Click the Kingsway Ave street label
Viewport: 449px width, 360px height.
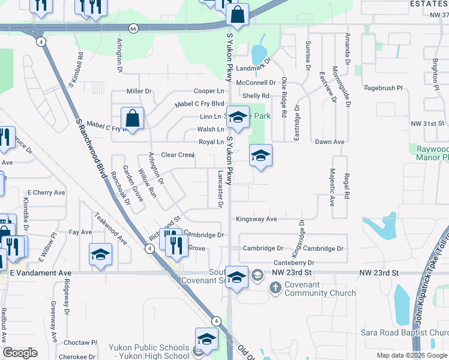coord(256,219)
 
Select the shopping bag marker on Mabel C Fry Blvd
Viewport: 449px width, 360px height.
coord(132,118)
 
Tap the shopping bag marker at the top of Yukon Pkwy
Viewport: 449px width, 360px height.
coord(238,15)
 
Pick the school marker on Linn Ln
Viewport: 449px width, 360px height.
coord(238,117)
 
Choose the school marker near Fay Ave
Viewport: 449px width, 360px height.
coord(100,254)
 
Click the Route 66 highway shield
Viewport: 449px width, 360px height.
coord(133,28)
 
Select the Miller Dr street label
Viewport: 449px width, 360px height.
coord(139,91)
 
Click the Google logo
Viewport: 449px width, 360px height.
coord(20,353)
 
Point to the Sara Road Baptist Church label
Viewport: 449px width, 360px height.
coord(405,332)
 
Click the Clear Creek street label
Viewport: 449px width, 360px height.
coord(178,155)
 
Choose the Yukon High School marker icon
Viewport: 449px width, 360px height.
coord(206,338)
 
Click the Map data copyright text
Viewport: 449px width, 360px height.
coord(411,355)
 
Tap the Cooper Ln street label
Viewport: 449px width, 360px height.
coord(208,91)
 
